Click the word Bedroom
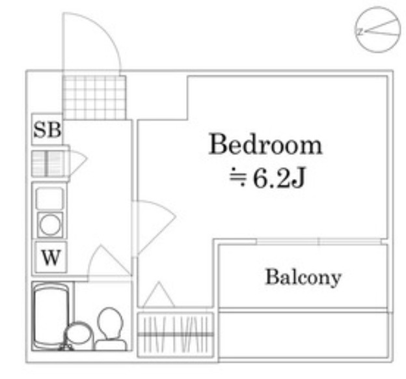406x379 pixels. (x=265, y=144)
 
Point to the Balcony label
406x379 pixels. (x=303, y=277)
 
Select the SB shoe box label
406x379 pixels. (x=47, y=130)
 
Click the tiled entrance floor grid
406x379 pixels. (x=93, y=97)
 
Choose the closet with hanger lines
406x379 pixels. (x=176, y=333)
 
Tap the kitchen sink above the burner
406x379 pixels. (x=50, y=198)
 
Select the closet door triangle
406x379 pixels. (x=157, y=296)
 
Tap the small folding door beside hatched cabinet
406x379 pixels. (x=76, y=163)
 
